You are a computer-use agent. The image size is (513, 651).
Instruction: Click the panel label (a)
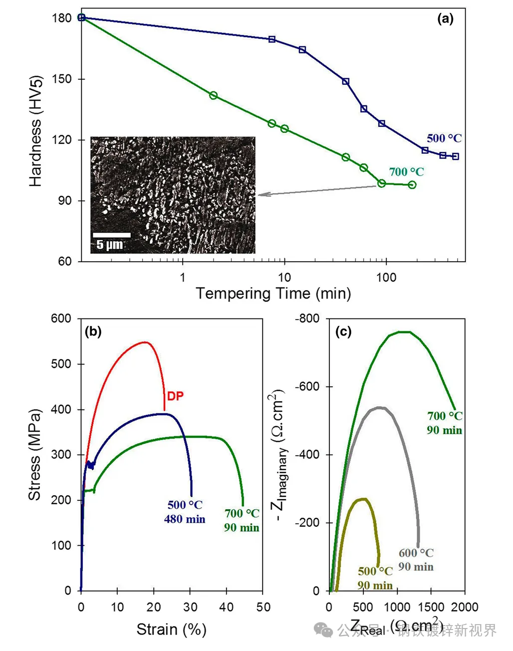(445, 19)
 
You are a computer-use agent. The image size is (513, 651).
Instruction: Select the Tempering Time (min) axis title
(273, 294)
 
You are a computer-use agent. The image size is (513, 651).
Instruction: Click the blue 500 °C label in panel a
(444, 138)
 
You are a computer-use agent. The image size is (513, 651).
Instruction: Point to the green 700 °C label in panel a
(406, 172)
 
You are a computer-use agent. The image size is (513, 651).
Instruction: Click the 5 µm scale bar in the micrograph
(111, 235)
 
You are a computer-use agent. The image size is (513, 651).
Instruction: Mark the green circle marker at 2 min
(214, 95)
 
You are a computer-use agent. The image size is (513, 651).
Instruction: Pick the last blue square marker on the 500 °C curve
(455, 156)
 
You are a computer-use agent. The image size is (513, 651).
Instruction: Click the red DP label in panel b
(175, 396)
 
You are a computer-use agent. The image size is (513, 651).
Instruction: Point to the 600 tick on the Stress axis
(61, 319)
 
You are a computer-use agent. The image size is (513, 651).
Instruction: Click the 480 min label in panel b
(185, 519)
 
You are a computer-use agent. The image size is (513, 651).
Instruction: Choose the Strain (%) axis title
(172, 630)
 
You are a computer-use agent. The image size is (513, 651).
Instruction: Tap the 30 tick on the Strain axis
(190, 607)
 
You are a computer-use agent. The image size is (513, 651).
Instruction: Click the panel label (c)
(343, 331)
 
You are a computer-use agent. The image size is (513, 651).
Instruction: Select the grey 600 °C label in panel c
(416, 553)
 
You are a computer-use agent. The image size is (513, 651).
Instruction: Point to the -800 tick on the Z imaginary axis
(308, 319)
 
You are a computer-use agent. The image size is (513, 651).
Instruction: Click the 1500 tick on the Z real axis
(431, 607)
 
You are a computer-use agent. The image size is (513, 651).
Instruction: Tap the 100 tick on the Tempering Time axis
(386, 278)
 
